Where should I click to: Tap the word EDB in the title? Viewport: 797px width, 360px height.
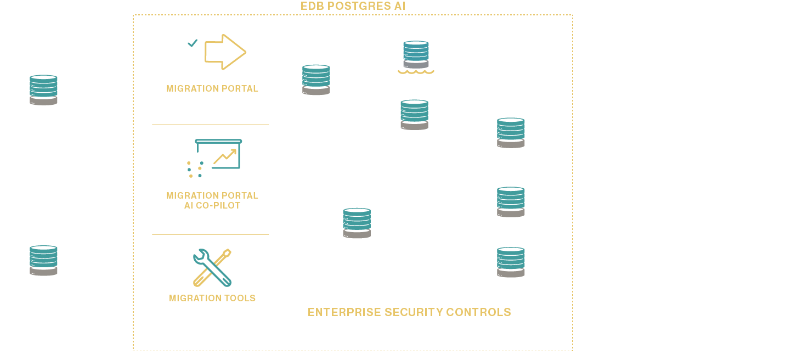pos(311,7)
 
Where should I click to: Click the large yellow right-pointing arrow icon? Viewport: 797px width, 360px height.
pos(225,52)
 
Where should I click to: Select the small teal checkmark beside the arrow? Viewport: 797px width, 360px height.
pos(192,43)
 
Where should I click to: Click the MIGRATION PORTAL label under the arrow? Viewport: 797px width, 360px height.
pos(212,88)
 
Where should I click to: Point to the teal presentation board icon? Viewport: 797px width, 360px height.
pos(218,154)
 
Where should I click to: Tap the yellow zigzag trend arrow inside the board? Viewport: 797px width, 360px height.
pos(225,156)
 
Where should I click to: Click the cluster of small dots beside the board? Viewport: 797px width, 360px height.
pos(195,169)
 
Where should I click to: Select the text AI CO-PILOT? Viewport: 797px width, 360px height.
pos(212,206)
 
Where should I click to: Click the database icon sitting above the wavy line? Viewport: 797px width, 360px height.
pos(416,54)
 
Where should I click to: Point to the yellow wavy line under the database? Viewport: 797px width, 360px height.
pos(416,72)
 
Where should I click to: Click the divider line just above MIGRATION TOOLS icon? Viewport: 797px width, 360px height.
pos(211,234)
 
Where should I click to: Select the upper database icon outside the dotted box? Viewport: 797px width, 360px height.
pos(43,90)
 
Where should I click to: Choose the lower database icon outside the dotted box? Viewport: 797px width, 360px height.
pos(43,260)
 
